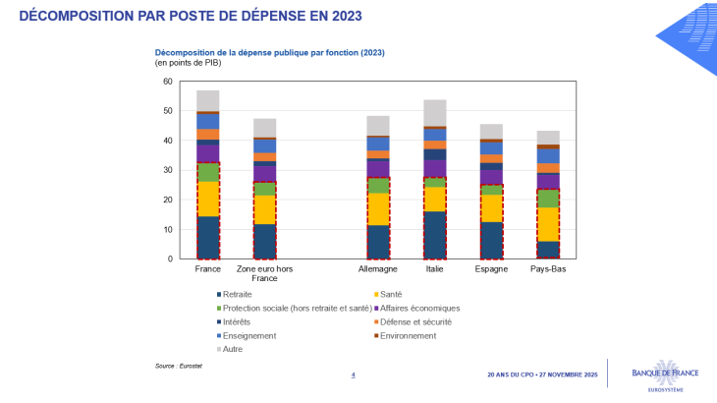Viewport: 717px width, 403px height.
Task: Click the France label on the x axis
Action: tap(208, 268)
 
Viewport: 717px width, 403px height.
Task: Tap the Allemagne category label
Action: tap(378, 268)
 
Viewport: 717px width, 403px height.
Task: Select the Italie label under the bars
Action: tap(435, 268)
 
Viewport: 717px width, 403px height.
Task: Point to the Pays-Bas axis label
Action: tap(547, 268)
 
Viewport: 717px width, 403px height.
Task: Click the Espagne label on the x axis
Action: tap(491, 268)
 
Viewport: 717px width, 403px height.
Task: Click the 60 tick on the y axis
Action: tap(168, 82)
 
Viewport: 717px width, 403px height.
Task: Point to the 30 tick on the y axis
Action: tap(168, 170)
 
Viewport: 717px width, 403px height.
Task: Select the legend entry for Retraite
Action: tap(237, 294)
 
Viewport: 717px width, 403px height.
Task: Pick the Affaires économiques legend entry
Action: tap(420, 308)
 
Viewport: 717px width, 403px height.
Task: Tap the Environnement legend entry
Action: tap(413, 335)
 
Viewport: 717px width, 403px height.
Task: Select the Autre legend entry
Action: tap(232, 349)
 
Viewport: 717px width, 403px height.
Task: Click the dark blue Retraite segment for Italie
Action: tap(435, 235)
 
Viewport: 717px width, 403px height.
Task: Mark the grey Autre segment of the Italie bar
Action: tap(435, 113)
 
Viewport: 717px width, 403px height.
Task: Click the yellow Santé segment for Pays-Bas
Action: tap(547, 224)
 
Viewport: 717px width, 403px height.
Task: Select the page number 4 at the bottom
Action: tap(354, 374)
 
